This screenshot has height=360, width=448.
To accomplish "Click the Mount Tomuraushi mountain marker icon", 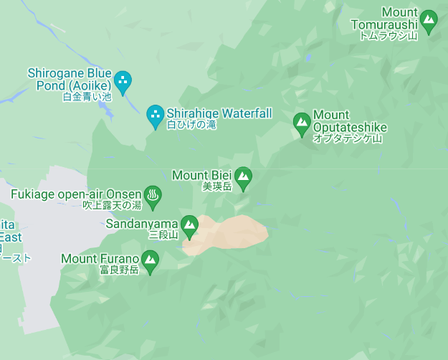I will click(x=429, y=21).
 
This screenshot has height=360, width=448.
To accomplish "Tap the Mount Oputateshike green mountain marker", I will click(x=302, y=123).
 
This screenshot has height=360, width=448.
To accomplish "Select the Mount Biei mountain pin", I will click(x=244, y=178).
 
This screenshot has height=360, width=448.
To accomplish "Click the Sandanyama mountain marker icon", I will click(x=189, y=226).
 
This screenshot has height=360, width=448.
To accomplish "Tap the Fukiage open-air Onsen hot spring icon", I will click(x=152, y=195).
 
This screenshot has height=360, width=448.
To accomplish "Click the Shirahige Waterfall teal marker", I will click(x=155, y=115).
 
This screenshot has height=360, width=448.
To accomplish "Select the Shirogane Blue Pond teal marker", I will click(x=123, y=82).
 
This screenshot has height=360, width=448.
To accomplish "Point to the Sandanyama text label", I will click(x=141, y=223).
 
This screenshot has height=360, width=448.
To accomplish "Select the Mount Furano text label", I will click(x=100, y=258).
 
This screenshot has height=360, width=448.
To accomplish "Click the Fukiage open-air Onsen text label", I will click(x=76, y=194).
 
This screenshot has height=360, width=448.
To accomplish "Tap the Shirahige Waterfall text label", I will click(x=219, y=113).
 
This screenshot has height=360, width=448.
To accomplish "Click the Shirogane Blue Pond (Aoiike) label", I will click(x=70, y=79).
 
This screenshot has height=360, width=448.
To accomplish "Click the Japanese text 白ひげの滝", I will click(x=191, y=125).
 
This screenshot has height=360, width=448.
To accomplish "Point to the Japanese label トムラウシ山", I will click(x=388, y=35).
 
